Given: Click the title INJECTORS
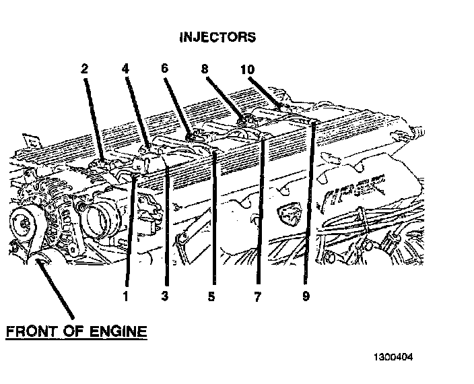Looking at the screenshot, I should coord(217,37).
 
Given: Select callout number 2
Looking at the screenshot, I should coord(85,68).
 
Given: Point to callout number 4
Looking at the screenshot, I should coord(126,68).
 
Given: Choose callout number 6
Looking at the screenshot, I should coord(165,68).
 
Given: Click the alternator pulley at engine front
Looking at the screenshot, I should coord(22,223).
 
